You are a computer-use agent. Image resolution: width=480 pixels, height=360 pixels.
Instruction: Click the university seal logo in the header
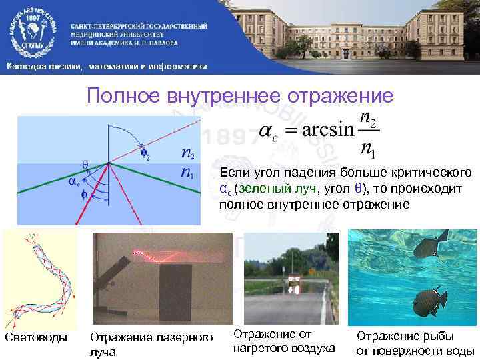(x=33, y=30)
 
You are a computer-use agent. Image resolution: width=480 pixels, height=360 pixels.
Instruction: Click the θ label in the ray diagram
(x=85, y=163)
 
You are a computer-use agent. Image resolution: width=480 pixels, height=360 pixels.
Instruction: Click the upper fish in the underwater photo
(x=424, y=247)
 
